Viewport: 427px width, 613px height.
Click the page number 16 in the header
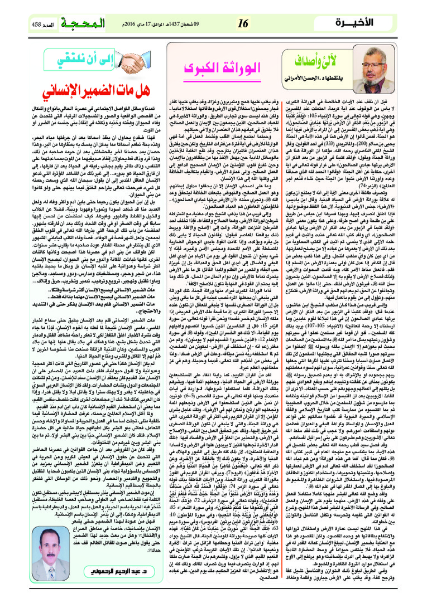(242, 23)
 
